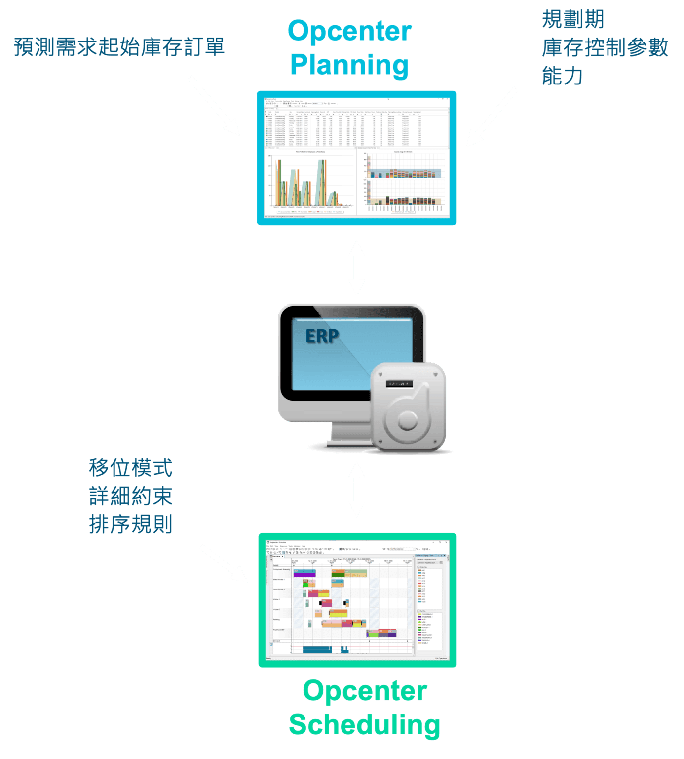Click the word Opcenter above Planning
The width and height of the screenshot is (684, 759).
[x=349, y=32]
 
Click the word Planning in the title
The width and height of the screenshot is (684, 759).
[x=349, y=65]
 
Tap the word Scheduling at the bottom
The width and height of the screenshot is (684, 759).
[x=364, y=724]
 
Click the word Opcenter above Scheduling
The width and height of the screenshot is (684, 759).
[x=364, y=691]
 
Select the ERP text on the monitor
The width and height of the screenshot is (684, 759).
[x=322, y=337]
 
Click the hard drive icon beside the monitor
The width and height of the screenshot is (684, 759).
[x=408, y=407]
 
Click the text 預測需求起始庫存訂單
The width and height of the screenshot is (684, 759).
[x=119, y=47]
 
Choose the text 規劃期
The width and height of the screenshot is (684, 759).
[x=572, y=20]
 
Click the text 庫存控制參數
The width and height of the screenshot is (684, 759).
[x=605, y=48]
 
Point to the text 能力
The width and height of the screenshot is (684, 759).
[x=562, y=76]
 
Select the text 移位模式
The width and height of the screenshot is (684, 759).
[x=131, y=467]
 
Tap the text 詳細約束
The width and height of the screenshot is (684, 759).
[x=131, y=496]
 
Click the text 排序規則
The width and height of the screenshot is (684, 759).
[x=131, y=524]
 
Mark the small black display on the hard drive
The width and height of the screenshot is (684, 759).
[x=399, y=384]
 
